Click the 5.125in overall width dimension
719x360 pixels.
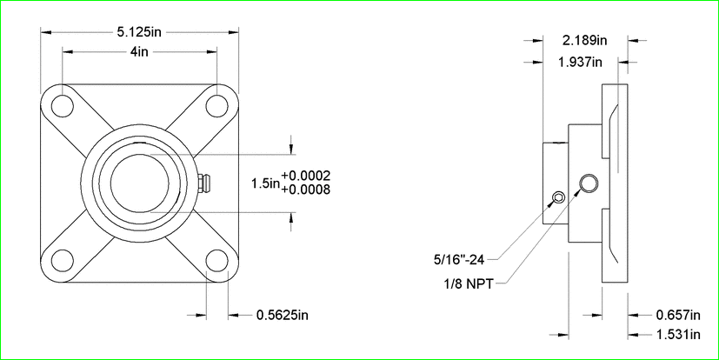tap(139, 31)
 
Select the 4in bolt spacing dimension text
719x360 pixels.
tap(139, 52)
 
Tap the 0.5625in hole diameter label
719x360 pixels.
tap(282, 315)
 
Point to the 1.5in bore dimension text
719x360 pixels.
tap(265, 183)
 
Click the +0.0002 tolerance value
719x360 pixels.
tap(306, 177)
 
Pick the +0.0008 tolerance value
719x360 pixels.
tap(306, 190)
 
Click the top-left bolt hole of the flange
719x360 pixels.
tap(63, 106)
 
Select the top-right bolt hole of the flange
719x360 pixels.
tap(216, 106)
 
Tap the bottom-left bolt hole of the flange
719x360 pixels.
tap(63, 261)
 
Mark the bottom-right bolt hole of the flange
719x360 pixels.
tap(216, 261)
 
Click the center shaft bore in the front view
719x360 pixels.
tap(139, 183)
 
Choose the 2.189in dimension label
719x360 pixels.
tap(584, 40)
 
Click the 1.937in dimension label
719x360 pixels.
tap(580, 62)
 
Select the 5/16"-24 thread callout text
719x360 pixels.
tap(459, 260)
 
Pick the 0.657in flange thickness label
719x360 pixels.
tap(678, 315)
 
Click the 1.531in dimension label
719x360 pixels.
tap(678, 335)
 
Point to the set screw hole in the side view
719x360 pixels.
tap(558, 198)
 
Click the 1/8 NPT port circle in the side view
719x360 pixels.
tap(589, 183)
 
